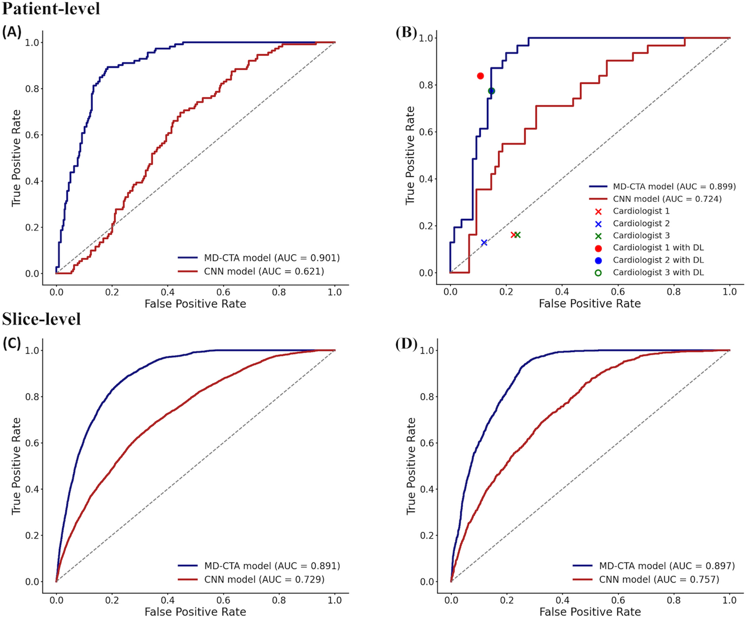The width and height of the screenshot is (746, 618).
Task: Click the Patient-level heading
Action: point(51,8)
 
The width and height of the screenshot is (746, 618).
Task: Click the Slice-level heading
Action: point(41,319)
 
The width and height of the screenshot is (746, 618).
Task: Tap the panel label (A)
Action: point(11,32)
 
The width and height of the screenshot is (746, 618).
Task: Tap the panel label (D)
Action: point(406,344)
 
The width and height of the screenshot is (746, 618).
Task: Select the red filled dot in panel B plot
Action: point(481,76)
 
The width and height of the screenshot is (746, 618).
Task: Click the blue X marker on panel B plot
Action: point(484,242)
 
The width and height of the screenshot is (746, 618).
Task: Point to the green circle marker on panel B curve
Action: point(491,91)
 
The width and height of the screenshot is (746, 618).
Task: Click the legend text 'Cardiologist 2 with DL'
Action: point(658,260)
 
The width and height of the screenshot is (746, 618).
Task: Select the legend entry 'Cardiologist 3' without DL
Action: point(641,236)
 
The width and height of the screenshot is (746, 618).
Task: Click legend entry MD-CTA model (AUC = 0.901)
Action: point(272,258)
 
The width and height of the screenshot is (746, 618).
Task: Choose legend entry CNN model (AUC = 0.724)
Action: point(667,199)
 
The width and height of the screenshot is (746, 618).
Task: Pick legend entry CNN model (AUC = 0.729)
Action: point(264,579)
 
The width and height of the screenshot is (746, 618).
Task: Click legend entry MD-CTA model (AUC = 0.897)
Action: point(667,566)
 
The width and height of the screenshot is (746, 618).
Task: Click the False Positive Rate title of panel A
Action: point(195,304)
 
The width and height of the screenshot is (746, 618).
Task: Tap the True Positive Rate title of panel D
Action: point(411,466)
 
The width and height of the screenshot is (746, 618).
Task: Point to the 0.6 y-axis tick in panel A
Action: point(32,135)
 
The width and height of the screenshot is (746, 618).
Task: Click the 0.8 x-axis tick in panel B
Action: point(674,292)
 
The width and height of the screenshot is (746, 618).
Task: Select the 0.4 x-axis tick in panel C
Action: point(167,600)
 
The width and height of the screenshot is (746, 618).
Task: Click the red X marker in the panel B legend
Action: point(598,211)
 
